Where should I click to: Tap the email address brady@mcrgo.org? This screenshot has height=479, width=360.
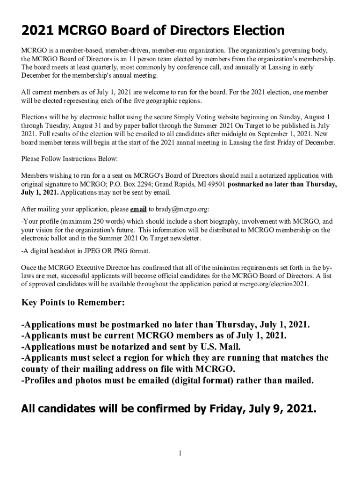(x=183, y=209)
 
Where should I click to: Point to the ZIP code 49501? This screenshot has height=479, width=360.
(x=215, y=184)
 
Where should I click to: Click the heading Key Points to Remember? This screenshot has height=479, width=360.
(x=73, y=303)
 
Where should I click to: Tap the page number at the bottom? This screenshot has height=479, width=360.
(x=180, y=453)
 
